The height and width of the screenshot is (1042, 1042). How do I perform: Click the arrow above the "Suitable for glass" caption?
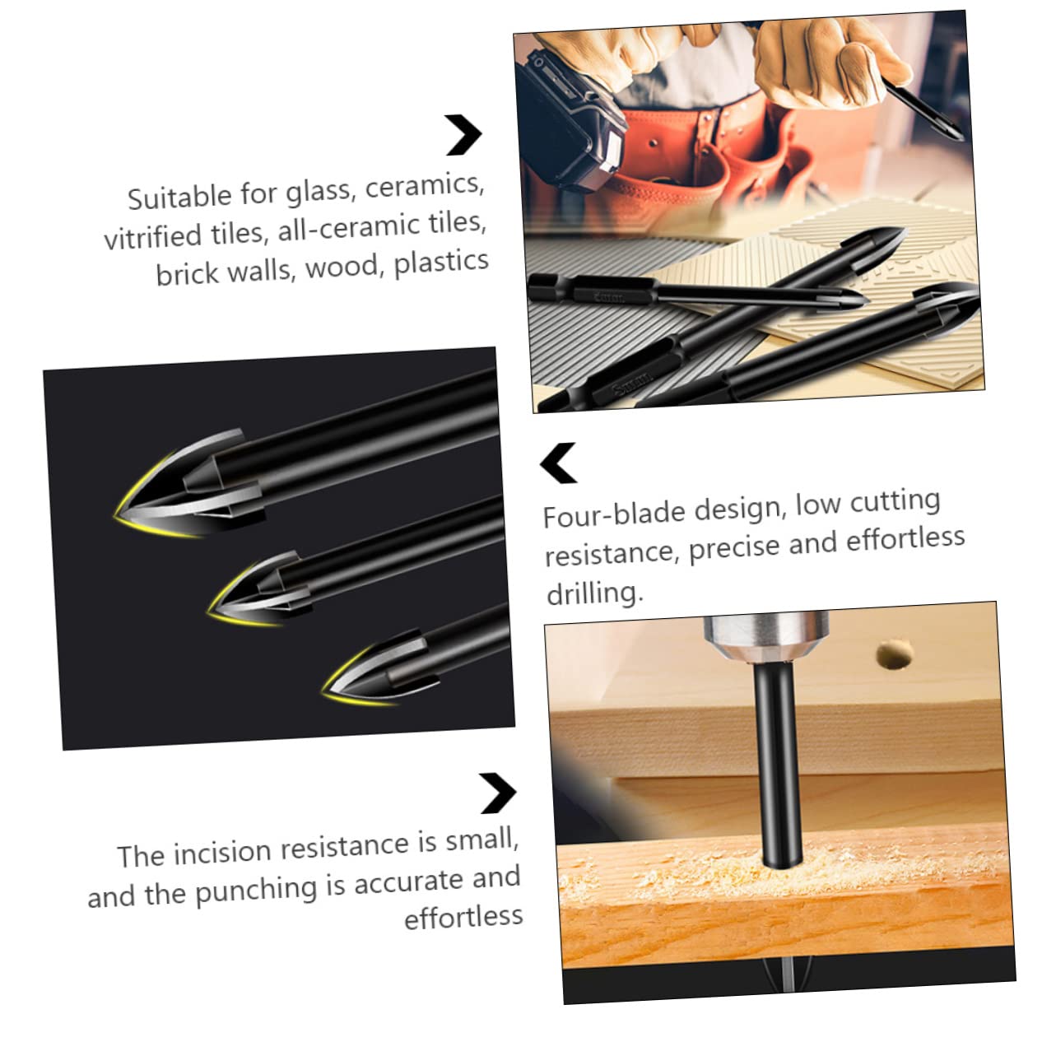pyautogui.click(x=463, y=135)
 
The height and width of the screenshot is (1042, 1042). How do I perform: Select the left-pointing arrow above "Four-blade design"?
pyautogui.click(x=559, y=463)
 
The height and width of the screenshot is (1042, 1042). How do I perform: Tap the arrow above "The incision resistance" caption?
pyautogui.click(x=497, y=793)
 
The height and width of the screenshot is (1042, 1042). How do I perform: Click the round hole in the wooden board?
pyautogui.click(x=895, y=655)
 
